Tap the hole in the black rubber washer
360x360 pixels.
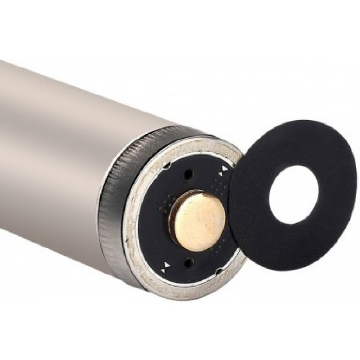(x=293, y=197)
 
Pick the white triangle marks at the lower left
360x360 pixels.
(x=166, y=267)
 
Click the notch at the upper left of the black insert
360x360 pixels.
(x=166, y=166)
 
